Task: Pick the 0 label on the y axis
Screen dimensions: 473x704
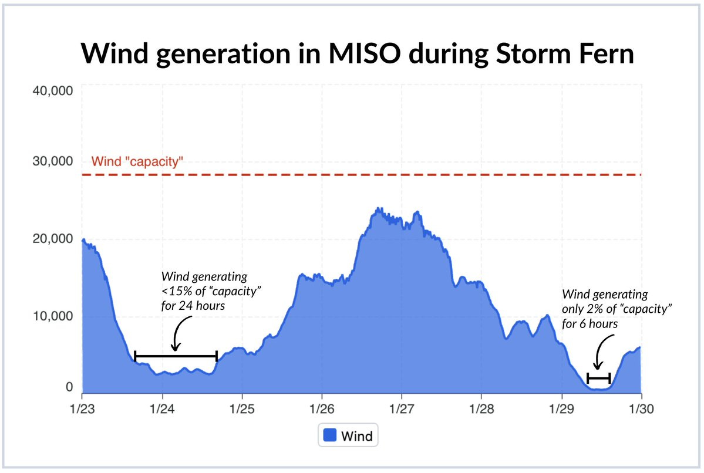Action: tap(69, 387)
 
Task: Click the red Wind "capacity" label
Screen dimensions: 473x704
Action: tap(137, 161)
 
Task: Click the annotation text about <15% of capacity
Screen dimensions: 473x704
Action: tap(204, 290)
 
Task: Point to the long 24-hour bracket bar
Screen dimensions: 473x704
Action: tap(176, 356)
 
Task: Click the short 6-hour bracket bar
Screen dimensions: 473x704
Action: tap(599, 378)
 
